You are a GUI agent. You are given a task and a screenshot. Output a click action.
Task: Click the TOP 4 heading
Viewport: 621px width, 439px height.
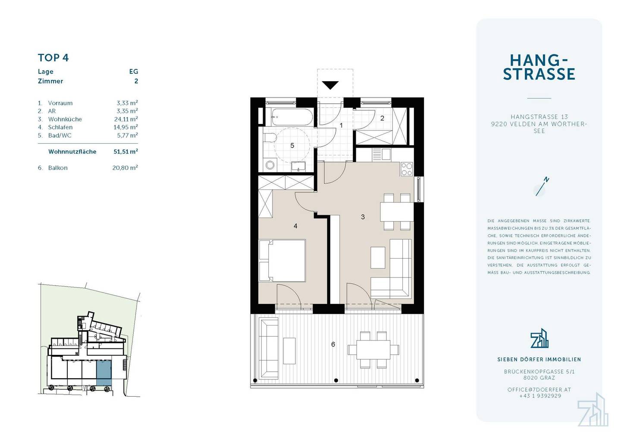[53, 58]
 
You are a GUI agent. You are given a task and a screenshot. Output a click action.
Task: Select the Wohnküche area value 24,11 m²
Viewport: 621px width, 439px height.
[126, 119]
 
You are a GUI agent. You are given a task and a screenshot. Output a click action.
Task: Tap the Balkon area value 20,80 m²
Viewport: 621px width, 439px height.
[125, 167]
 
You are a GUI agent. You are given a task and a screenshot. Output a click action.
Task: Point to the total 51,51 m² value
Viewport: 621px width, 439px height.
[125, 152]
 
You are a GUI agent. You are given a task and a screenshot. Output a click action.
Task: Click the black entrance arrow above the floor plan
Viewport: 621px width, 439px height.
[330, 85]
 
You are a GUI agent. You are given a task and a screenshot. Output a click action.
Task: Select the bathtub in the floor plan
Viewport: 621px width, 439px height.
[292, 117]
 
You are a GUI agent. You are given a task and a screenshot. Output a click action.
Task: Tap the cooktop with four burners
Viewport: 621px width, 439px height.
[407, 169]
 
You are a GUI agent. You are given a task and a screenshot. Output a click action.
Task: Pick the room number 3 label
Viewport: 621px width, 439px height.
[363, 217]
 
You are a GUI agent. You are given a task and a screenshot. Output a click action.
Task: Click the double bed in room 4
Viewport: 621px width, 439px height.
[282, 261]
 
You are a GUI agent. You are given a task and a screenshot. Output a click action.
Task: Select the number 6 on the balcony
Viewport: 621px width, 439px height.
[333, 344]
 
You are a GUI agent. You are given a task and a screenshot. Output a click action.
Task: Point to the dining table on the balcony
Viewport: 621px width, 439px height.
[373, 349]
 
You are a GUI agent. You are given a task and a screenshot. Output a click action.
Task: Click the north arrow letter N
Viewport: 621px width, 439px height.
[546, 180]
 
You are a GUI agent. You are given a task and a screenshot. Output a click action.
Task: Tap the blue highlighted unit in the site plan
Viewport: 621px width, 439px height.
[104, 373]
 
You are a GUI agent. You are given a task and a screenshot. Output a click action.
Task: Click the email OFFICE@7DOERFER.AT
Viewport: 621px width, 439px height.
[539, 390]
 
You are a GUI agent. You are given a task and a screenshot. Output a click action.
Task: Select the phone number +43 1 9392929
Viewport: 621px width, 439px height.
[540, 396]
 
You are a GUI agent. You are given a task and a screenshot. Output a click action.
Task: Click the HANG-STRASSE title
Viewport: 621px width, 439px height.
[539, 67]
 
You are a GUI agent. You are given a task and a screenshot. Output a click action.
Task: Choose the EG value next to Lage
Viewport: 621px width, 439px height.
[134, 72]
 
